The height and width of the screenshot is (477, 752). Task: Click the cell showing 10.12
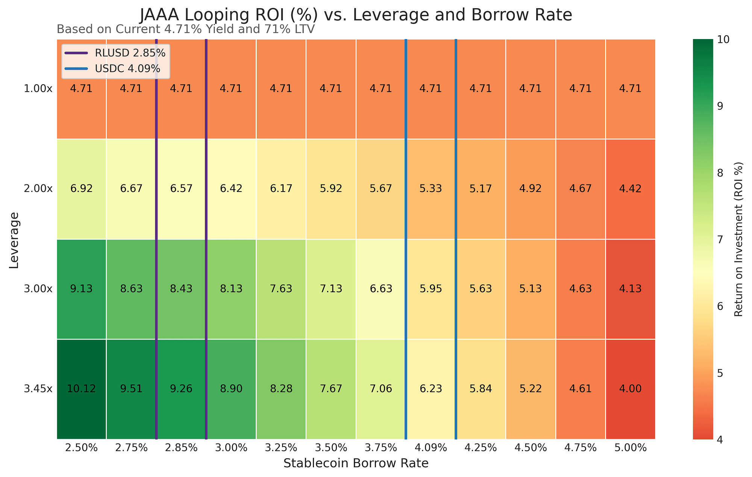[81, 389]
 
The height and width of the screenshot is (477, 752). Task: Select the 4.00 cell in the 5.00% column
[630, 389]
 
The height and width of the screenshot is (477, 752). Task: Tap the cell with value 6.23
[430, 389]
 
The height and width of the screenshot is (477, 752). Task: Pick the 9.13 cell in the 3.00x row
[81, 289]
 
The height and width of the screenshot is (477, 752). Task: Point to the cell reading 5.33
[430, 189]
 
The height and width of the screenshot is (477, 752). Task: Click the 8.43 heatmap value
[181, 289]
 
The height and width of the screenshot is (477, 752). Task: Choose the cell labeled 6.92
[81, 189]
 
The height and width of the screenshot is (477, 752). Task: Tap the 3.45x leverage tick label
[39, 389]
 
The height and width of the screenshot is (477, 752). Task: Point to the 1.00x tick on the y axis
[39, 89]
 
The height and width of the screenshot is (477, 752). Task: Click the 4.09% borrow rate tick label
[430, 448]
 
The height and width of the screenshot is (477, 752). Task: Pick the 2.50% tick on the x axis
[81, 448]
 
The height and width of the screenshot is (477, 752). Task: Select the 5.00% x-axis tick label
[630, 448]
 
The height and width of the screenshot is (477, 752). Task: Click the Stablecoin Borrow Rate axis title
[356, 463]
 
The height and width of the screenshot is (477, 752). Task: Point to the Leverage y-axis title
[14, 240]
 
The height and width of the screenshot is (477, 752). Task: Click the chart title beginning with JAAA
[356, 15]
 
